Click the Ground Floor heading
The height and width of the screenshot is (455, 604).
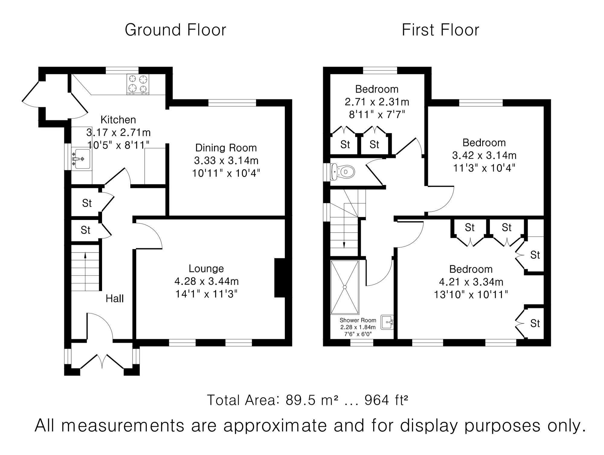tap(175, 30)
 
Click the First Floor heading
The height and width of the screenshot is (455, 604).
tap(440, 30)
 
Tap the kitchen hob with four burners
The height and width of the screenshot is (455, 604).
tap(138, 84)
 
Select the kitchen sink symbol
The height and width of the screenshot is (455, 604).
tap(82, 159)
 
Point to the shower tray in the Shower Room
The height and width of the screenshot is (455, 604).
tap(345, 287)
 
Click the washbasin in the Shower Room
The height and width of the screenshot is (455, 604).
tap(387, 322)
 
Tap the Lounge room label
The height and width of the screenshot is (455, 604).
tap(206, 268)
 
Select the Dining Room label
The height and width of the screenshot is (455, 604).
tap(226, 148)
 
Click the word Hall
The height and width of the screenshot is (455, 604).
tap(114, 299)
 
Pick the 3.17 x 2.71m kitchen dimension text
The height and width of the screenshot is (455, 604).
tap(118, 132)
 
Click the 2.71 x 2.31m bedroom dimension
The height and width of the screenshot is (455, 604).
tap(377, 102)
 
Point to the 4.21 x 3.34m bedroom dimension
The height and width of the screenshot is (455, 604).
tap(471, 282)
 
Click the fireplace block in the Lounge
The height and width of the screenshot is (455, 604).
tap(280, 278)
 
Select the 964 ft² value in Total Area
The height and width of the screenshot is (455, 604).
tap(386, 400)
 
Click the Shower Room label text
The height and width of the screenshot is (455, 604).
tap(358, 320)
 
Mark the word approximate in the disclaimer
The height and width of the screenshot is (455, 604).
tap(275, 426)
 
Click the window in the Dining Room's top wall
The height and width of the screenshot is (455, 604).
tap(232, 103)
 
